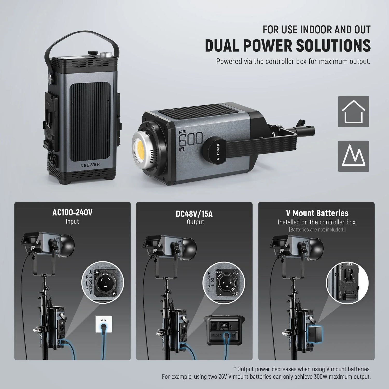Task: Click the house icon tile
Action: [x=353, y=112]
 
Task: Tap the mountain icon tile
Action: [x=353, y=156]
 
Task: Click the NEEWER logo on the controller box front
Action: [x=90, y=165]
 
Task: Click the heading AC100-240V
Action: [x=72, y=213]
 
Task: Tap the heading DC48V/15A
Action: [x=194, y=214]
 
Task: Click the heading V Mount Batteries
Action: [x=317, y=213]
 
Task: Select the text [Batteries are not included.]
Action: [x=317, y=230]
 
